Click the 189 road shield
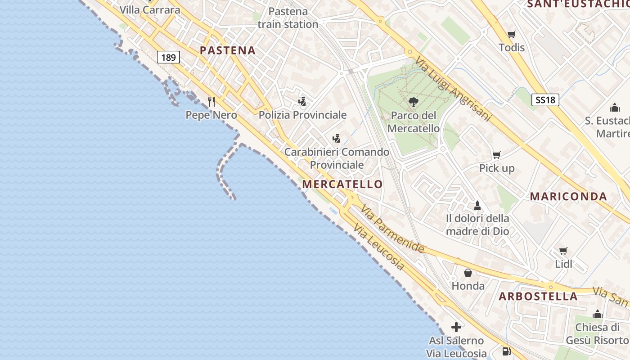tap(169, 57)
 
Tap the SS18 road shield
tap(545, 99)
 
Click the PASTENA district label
tap(228, 50)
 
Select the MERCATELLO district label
tap(342, 184)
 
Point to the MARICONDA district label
tap(568, 196)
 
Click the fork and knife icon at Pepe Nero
tap(212, 102)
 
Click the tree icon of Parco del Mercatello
tap(413, 102)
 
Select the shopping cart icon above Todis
tap(512, 35)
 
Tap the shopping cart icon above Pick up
tap(497, 155)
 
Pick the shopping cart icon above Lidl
tap(563, 251)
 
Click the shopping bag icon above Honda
tap(468, 273)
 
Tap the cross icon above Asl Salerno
tap(456, 327)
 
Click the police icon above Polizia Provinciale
tap(302, 102)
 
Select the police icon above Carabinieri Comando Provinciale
tap(336, 139)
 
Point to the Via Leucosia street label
tap(378, 247)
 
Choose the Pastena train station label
tap(288, 18)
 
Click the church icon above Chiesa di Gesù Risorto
tap(598, 314)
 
